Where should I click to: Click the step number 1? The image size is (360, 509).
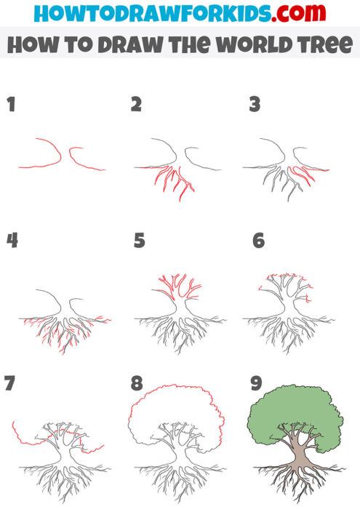click(x=11, y=105)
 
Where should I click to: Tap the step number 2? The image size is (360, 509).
click(x=136, y=105)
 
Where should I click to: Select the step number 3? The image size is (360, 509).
click(x=255, y=105)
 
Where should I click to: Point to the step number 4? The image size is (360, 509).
click(x=12, y=241)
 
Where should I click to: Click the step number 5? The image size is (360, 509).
click(x=140, y=241)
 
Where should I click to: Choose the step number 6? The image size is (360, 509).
click(x=258, y=241)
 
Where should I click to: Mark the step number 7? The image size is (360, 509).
click(x=10, y=383)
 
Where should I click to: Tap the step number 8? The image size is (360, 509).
click(x=137, y=383)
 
